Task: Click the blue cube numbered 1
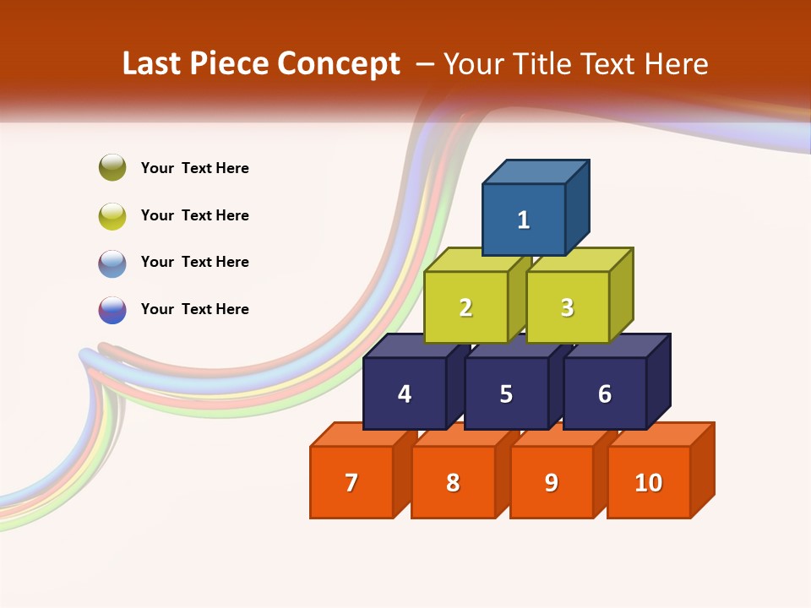(x=524, y=220)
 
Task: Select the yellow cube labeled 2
(x=465, y=307)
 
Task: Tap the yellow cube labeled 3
(x=567, y=307)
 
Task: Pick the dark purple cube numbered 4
(x=405, y=394)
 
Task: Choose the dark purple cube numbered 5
(x=506, y=394)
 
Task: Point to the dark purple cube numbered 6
(x=605, y=394)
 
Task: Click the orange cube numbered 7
(x=351, y=482)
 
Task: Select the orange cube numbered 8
(x=453, y=482)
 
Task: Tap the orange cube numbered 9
(x=551, y=482)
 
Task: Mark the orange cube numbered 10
(x=648, y=482)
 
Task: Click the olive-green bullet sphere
(x=112, y=167)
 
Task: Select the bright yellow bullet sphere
(x=112, y=215)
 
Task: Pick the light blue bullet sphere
(x=112, y=263)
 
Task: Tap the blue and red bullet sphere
(x=112, y=310)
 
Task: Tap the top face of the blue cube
(x=536, y=171)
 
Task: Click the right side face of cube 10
(x=702, y=470)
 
